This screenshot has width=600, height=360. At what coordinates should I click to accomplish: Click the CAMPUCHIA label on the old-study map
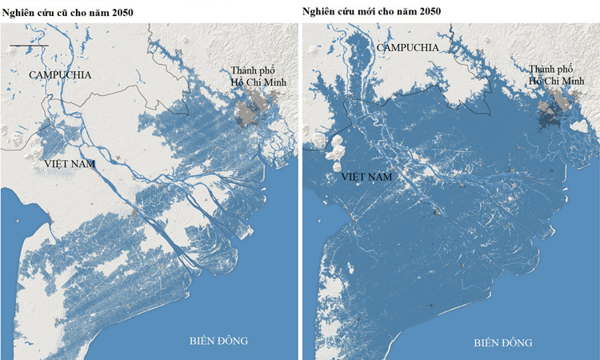(60, 74)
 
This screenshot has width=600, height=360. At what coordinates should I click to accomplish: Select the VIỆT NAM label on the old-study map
(70, 164)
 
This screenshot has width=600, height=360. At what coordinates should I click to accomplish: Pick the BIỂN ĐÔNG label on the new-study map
(502, 342)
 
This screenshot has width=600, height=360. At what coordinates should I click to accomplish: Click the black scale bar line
(30, 46)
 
